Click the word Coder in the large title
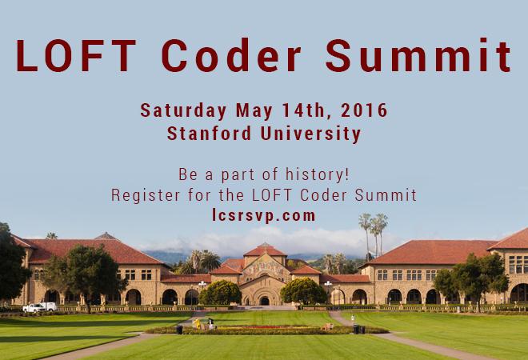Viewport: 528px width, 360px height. tap(231, 55)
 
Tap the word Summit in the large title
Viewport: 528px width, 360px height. tap(418, 55)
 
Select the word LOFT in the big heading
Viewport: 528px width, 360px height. tap(76, 55)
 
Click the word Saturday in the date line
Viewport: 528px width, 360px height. tap(183, 110)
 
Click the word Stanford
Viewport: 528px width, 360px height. tap(209, 133)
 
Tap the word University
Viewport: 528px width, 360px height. tap(311, 134)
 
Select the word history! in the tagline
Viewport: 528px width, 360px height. tap(318, 174)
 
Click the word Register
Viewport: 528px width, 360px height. tap(146, 195)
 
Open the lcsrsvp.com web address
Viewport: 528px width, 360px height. tap(264, 215)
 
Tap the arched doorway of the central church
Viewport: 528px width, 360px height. tap(264, 301)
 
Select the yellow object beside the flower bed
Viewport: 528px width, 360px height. tap(197, 323)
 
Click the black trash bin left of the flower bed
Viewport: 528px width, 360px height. tap(179, 330)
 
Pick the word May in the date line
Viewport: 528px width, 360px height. tap(254, 111)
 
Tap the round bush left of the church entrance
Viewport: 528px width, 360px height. tap(220, 293)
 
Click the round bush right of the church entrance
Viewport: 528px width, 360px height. tap(304, 291)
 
